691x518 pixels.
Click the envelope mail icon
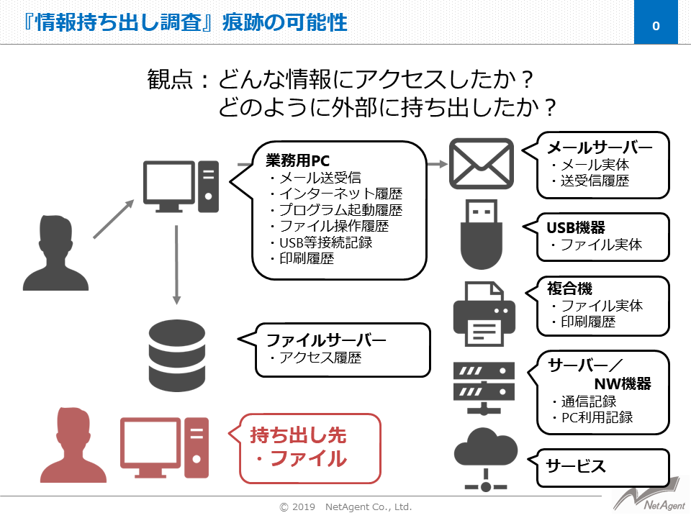point(482,165)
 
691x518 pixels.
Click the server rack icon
point(484,388)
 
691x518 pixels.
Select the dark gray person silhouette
point(55,251)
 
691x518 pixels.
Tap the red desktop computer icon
point(164,447)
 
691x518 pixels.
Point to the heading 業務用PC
point(297,160)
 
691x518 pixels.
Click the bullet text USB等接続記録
point(325,242)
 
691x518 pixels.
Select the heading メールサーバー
point(600,148)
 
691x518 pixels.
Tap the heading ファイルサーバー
point(326,340)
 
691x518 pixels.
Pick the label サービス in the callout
point(576,465)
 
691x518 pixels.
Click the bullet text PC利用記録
point(597,417)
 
